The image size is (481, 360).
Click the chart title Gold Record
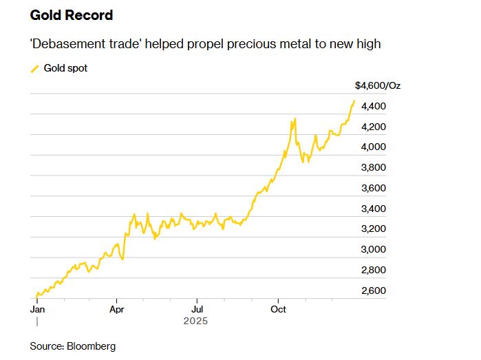click(x=72, y=15)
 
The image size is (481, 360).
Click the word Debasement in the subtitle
click(x=65, y=44)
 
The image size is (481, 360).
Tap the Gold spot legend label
click(x=65, y=68)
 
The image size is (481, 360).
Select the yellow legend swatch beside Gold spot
click(x=34, y=68)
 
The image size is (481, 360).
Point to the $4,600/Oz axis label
click(x=377, y=86)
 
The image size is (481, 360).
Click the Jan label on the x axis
click(x=38, y=310)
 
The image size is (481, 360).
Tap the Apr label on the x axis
click(x=117, y=310)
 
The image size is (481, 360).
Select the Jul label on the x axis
click(x=197, y=310)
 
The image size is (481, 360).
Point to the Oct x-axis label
click(x=279, y=310)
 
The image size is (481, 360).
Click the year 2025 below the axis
click(x=195, y=321)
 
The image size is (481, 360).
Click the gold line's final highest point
click(x=354, y=101)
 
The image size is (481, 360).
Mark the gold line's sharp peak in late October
click(x=295, y=119)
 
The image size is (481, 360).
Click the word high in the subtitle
click(x=368, y=44)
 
